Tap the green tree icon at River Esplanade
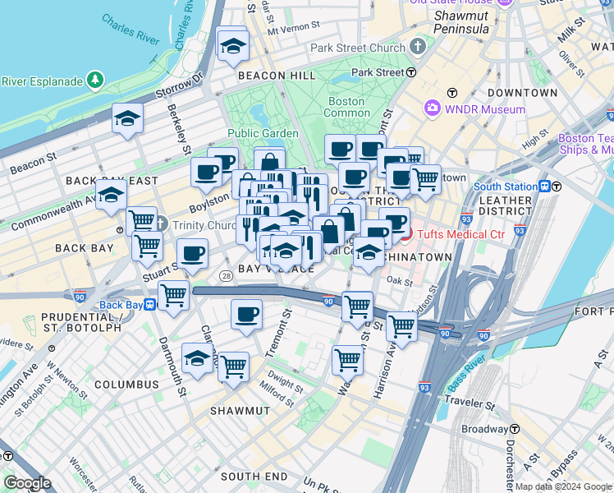point(97,81)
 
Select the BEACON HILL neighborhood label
point(265,76)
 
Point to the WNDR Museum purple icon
point(433,108)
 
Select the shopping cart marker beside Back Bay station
point(173,296)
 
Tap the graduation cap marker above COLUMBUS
point(197,359)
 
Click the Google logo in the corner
point(28,483)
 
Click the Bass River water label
point(465,375)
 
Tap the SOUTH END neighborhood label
point(254,477)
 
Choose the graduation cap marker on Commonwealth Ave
point(111,196)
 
